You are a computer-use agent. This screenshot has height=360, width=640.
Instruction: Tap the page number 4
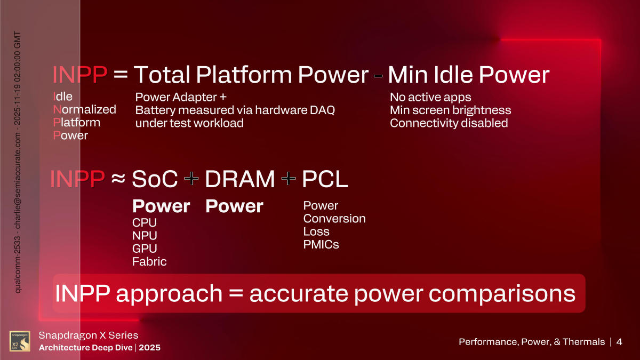tap(619, 342)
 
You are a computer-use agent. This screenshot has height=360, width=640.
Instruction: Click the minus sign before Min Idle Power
tap(378, 76)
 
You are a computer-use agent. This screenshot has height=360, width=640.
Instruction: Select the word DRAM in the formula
tap(240, 180)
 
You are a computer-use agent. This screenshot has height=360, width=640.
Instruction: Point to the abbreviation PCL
tap(325, 180)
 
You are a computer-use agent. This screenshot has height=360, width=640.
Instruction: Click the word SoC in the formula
tap(155, 180)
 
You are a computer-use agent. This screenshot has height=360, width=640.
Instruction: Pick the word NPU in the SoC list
tap(145, 235)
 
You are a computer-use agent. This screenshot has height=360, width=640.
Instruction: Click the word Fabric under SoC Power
tap(149, 261)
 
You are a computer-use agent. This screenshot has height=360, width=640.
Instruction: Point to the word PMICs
tap(321, 245)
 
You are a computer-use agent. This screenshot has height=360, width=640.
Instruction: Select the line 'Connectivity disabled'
tap(449, 123)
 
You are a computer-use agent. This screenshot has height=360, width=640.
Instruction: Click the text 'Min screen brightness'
tap(450, 110)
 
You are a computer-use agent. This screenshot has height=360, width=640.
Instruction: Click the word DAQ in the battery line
tap(323, 110)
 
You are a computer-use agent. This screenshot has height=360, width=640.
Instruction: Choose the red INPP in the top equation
tap(79, 76)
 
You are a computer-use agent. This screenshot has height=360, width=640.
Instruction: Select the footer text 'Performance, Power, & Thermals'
tap(532, 342)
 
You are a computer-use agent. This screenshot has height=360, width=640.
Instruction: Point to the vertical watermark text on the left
tap(18, 160)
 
